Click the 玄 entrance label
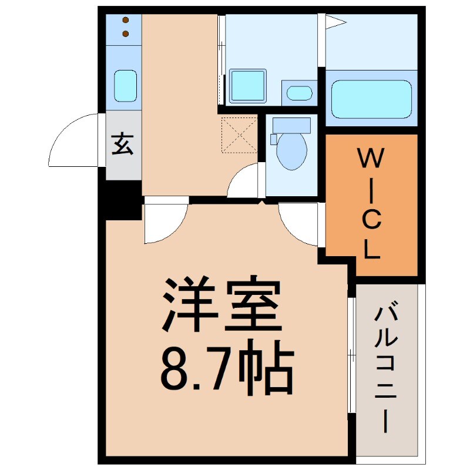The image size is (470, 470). (123, 145)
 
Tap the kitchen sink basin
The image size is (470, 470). (125, 85)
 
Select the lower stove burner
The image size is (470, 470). (125, 34)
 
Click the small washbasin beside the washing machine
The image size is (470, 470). (300, 93)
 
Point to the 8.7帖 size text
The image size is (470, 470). (226, 369)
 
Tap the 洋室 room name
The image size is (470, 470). (220, 304)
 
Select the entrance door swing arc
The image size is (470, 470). (73, 141)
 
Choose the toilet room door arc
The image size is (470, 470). (244, 181)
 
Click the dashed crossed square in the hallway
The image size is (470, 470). (239, 135)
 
